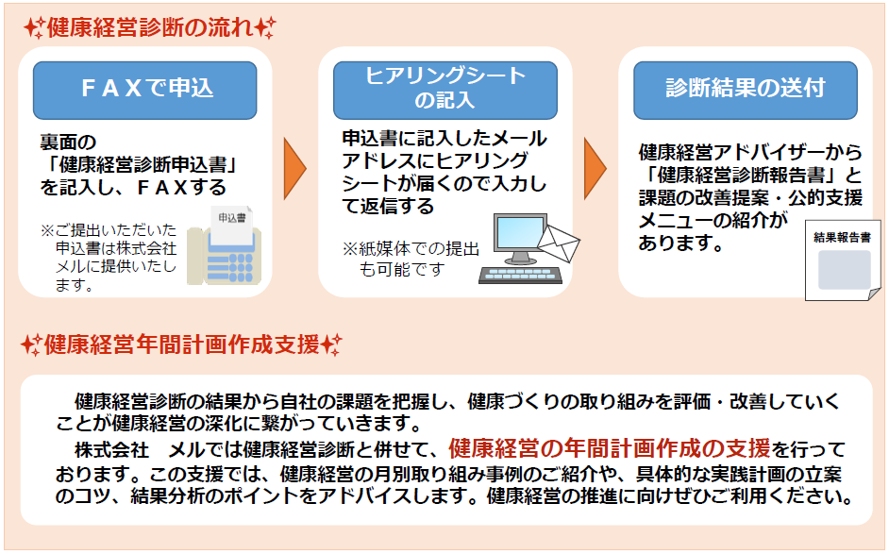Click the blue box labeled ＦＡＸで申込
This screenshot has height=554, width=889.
click(145, 90)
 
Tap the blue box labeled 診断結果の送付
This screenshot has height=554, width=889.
click(745, 90)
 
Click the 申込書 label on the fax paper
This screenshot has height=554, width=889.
click(227, 217)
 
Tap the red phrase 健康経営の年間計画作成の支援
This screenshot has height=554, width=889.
click(610, 447)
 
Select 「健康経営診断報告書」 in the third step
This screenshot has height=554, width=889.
click(747, 175)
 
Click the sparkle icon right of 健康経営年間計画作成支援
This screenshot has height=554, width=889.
click(331, 344)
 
